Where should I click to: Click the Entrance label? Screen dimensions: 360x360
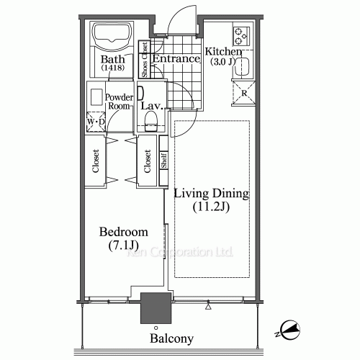point(176,59)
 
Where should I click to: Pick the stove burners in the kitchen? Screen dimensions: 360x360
point(240,35)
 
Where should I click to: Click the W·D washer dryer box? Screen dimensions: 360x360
point(96,122)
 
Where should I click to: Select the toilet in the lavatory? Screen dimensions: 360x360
point(150,127)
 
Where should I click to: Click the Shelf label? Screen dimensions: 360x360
point(163,161)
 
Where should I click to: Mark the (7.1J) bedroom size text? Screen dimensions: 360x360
point(124,246)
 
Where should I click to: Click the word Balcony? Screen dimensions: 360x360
point(171,338)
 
